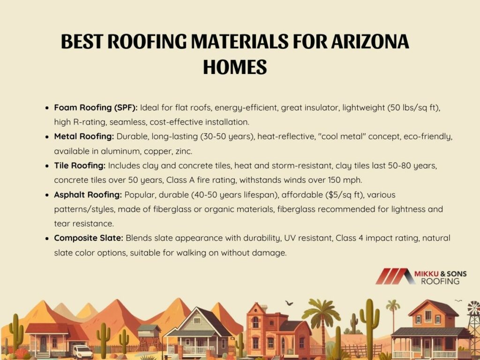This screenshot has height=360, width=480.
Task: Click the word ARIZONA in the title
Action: (370, 42)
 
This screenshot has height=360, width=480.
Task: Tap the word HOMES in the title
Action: (235, 67)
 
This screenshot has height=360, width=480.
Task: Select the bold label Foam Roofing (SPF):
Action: (96, 108)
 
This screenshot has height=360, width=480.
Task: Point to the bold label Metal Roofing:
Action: (84, 136)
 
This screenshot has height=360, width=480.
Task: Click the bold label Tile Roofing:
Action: (80, 165)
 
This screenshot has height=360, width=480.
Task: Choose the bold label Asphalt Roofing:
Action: (88, 195)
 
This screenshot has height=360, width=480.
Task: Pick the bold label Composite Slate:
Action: (89, 238)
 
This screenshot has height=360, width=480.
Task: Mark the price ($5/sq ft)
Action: (345, 195)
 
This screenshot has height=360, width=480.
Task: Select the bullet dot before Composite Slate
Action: (47, 239)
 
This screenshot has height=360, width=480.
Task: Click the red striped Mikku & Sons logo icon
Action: (395, 277)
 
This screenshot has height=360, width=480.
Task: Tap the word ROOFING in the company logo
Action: (440, 281)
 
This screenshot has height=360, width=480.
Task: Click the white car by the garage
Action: (82, 352)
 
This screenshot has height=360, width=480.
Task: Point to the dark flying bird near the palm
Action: (289, 303)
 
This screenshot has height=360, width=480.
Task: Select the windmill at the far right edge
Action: (474, 328)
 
